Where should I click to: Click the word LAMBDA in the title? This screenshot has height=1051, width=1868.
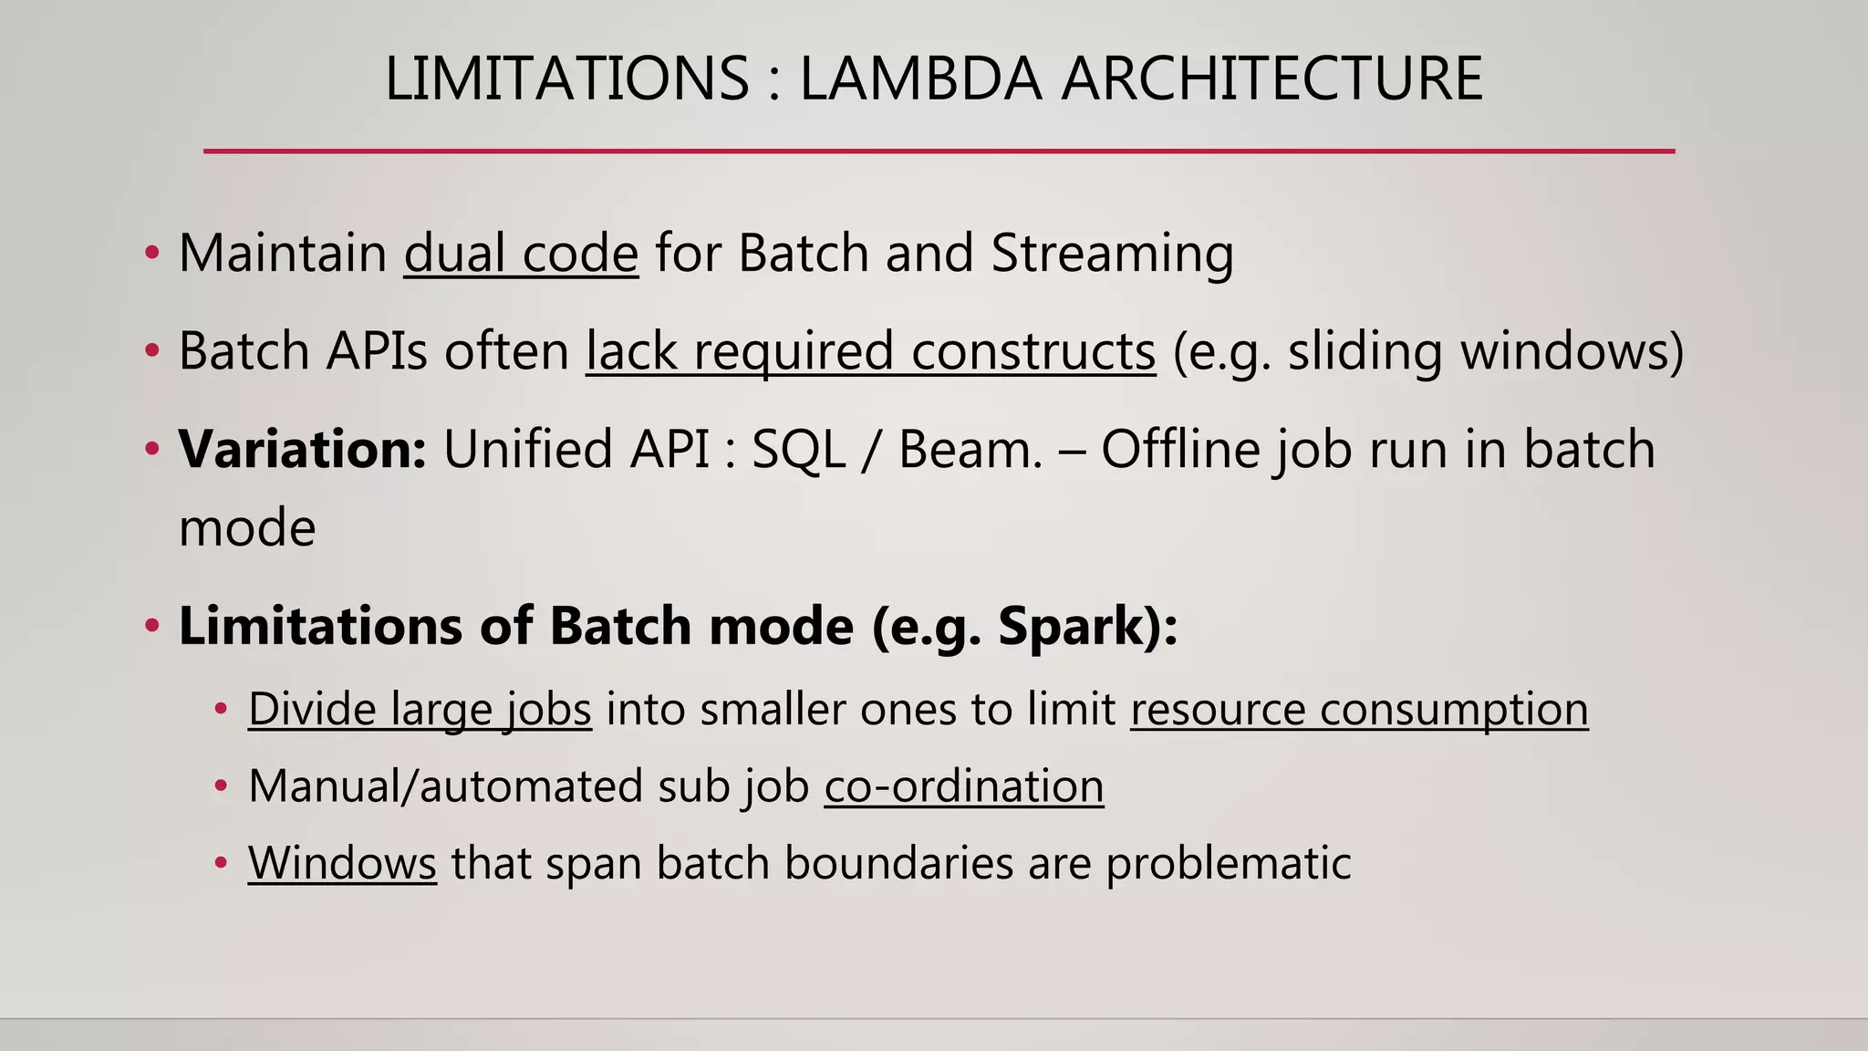[920, 78]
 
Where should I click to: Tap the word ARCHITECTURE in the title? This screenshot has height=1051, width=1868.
[1272, 78]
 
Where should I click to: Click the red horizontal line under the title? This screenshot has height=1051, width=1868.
[939, 151]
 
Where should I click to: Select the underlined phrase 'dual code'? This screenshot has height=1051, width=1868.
[521, 253]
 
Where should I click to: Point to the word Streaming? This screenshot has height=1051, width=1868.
[1112, 253]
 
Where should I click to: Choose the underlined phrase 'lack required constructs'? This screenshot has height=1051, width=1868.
[870, 350]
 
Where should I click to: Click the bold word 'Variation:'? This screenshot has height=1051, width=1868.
[302, 449]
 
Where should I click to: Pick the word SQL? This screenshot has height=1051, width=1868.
[798, 449]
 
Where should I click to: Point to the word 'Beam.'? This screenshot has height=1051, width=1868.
[970, 449]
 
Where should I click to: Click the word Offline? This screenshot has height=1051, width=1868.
[1179, 449]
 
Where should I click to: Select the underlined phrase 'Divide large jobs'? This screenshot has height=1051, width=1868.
[420, 709]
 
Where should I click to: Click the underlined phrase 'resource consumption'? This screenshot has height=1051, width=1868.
[1359, 709]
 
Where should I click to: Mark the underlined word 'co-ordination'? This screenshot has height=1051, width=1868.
[964, 786]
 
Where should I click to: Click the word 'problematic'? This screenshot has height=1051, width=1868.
[1228, 862]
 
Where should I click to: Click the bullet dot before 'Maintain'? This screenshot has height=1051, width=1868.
[152, 253]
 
